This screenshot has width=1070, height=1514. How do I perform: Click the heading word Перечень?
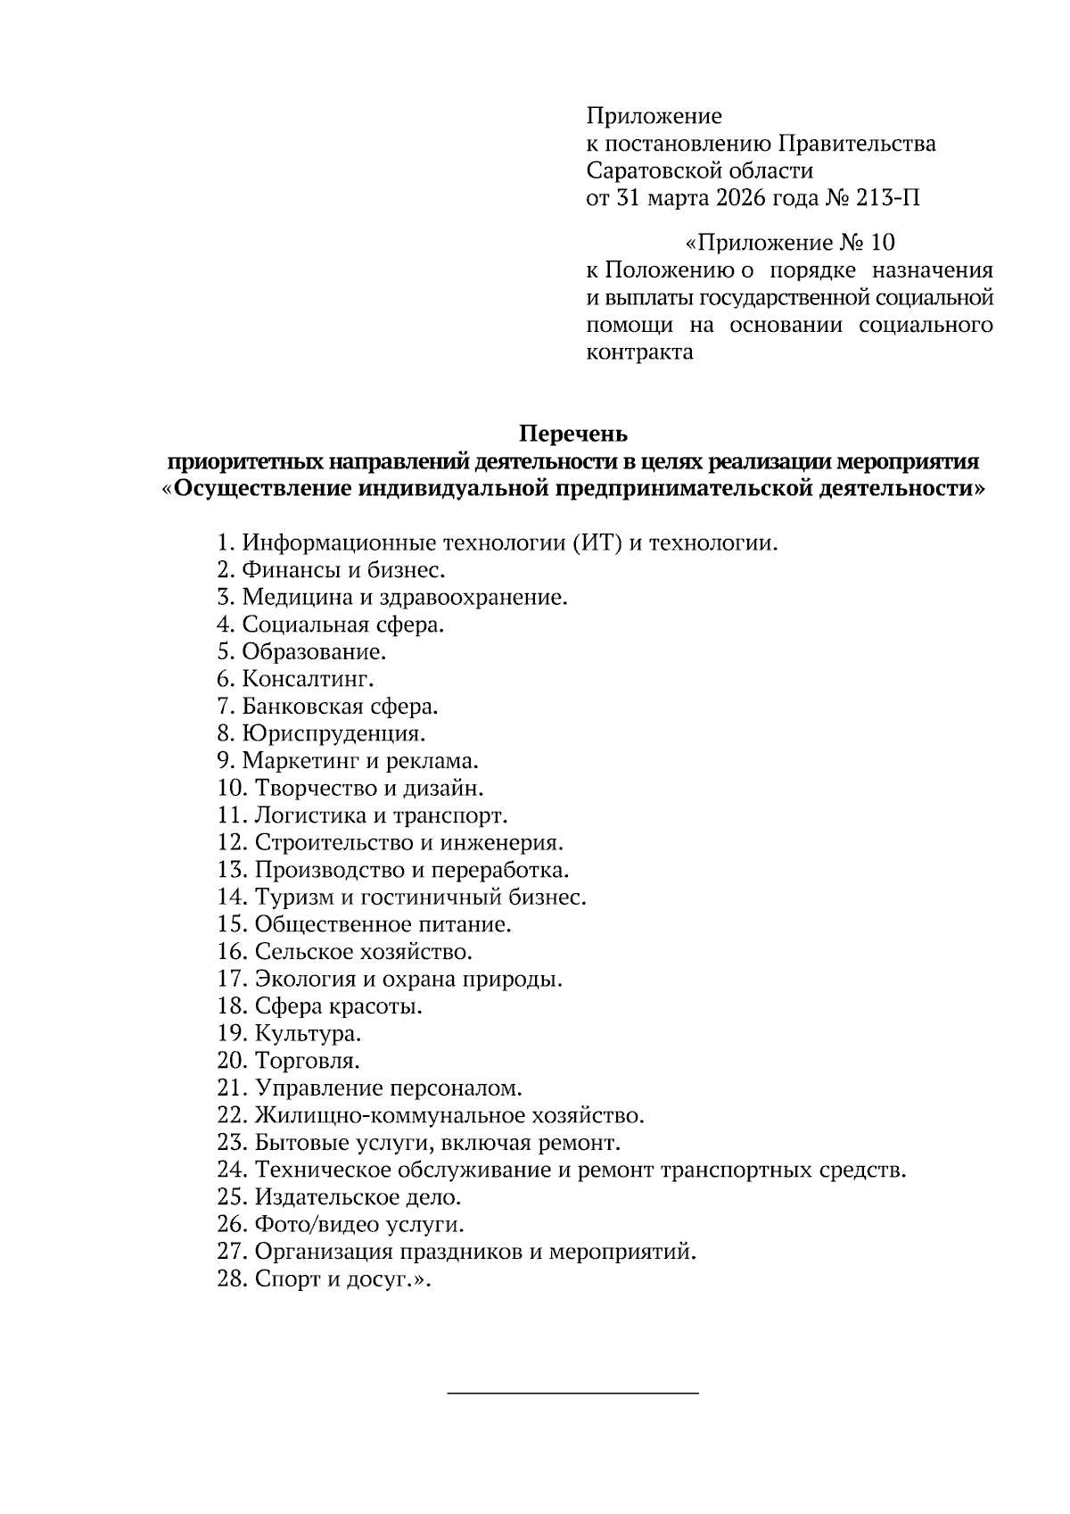coord(574,434)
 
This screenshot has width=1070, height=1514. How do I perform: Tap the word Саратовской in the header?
coord(651,170)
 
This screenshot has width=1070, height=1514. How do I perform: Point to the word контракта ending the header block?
coord(638,352)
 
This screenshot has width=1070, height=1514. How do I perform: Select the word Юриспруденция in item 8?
coord(333,734)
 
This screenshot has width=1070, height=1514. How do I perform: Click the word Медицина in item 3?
coord(291,598)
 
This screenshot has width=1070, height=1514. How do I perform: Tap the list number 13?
coord(232,870)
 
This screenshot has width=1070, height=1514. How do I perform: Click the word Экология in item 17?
coord(305,980)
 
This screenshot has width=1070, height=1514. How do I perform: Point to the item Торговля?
coord(307,1062)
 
